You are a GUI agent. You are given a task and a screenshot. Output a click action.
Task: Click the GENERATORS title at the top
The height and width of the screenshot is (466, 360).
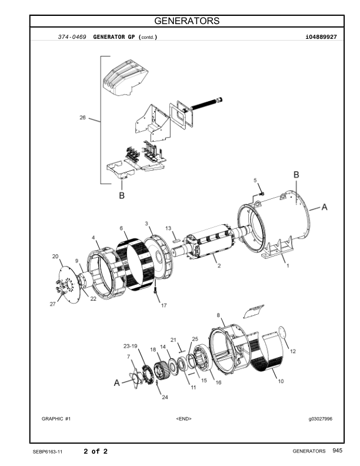click(x=187, y=21)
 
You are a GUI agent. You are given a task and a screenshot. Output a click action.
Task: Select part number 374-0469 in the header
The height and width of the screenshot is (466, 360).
click(x=72, y=37)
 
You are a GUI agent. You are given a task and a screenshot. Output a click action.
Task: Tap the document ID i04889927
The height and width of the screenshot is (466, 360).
click(x=321, y=37)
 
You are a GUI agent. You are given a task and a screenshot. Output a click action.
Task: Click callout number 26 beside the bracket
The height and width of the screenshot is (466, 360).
click(x=82, y=118)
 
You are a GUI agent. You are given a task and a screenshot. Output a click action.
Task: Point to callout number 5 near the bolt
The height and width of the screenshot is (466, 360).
click(x=255, y=181)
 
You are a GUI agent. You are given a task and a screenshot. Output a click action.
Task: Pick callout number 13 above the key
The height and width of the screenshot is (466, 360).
click(x=168, y=228)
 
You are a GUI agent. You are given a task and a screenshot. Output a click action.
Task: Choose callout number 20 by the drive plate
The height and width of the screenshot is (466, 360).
click(x=55, y=256)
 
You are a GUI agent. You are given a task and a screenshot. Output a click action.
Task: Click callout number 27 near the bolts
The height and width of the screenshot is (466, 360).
click(x=52, y=304)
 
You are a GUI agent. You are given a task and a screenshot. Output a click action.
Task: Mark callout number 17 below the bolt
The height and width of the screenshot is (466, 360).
click(x=164, y=305)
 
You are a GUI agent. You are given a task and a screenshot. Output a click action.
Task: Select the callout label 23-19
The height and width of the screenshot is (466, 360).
click(x=131, y=346)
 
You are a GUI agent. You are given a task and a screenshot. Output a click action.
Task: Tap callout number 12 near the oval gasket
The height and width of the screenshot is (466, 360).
click(x=293, y=351)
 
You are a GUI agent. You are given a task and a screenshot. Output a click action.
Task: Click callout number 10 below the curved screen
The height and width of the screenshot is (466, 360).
click(x=281, y=381)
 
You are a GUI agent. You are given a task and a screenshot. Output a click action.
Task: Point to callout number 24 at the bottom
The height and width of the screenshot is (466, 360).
click(x=165, y=397)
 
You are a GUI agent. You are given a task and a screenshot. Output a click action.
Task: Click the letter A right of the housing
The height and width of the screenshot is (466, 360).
click(x=324, y=207)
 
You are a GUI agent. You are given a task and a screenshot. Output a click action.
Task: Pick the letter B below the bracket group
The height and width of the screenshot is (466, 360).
click(x=122, y=195)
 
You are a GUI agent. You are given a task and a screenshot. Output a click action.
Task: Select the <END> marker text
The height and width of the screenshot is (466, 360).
click(x=184, y=419)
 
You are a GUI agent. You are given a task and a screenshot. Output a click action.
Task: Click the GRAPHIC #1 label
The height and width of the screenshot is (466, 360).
click(x=56, y=419)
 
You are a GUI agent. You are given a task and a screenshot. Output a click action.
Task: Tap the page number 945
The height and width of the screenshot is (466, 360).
click(x=338, y=451)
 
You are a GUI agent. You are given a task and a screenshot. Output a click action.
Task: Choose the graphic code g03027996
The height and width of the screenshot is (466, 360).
click(x=321, y=419)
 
